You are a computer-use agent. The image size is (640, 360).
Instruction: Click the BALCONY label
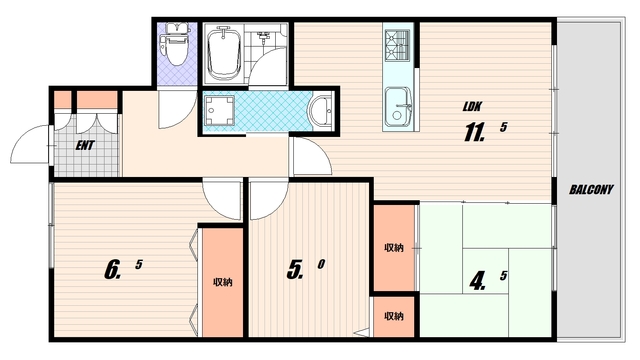tap(591, 189)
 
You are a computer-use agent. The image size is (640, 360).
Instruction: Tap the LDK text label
tap(472, 107)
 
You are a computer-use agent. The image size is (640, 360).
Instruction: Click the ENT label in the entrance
tap(85, 145)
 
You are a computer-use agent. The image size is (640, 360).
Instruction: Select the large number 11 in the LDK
tap(473, 132)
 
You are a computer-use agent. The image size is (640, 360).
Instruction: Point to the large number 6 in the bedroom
tap(112, 270)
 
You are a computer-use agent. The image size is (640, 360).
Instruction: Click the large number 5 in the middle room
tap(295, 269)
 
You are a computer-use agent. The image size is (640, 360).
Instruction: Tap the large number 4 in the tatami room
tap(477, 281)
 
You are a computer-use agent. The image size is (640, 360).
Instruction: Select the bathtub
tap(223, 53)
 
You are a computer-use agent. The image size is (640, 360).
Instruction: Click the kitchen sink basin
tap(396, 108)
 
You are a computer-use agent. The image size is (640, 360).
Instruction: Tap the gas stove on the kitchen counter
tap(397, 45)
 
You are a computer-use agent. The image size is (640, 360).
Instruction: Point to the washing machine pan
tap(219, 111)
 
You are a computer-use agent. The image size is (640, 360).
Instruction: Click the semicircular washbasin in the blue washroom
tap(321, 111)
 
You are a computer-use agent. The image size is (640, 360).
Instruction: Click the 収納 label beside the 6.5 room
tap(223, 282)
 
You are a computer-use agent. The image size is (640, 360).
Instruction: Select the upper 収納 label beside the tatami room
tap(394, 248)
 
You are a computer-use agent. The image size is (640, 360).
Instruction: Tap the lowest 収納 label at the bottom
tap(394, 316)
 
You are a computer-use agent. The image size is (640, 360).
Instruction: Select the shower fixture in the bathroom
tap(263, 37)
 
